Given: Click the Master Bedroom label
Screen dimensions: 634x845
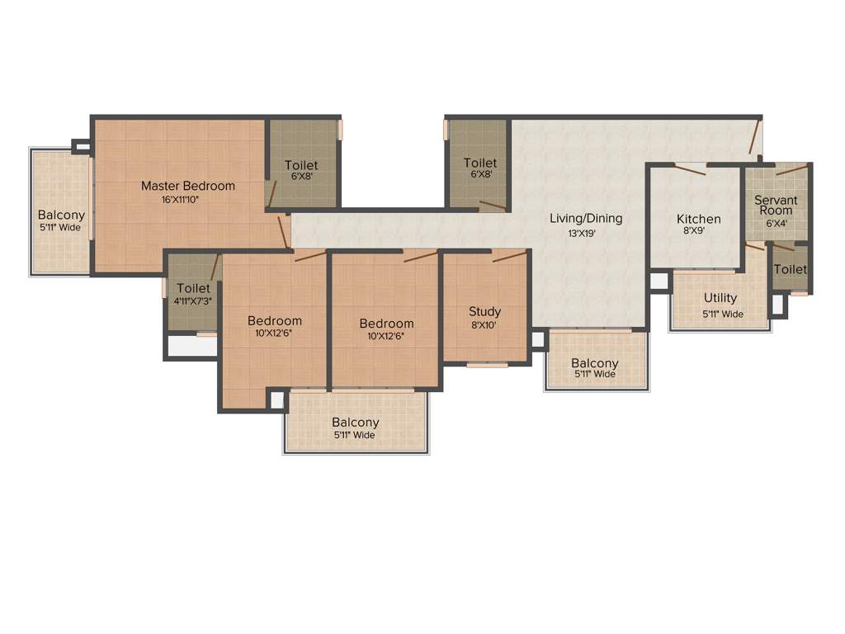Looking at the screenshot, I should (187, 186).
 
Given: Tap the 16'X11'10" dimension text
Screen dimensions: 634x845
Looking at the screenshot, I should (187, 200).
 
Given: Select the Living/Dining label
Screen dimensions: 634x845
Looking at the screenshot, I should (586, 219).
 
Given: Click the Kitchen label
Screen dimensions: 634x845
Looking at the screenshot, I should (699, 219).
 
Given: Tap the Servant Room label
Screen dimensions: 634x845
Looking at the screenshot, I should (776, 205).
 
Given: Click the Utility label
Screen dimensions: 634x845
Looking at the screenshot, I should (720, 298).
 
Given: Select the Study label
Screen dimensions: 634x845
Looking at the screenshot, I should (484, 311).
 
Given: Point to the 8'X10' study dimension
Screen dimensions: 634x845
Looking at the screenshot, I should (484, 325).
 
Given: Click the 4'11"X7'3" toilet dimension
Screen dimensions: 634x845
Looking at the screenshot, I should (193, 301).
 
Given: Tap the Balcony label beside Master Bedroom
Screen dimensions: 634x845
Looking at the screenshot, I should (61, 215).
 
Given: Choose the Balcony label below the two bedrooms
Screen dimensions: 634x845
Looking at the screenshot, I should (356, 422).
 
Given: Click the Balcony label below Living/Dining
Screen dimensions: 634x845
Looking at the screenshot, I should (594, 363).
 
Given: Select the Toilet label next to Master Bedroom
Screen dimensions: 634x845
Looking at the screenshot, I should (301, 165).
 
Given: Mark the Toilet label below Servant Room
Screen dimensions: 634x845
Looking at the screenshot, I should (791, 269).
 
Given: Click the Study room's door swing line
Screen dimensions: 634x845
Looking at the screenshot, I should (509, 257).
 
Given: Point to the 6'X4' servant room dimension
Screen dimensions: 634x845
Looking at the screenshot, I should (776, 223).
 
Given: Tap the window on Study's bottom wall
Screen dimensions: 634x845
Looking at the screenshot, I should (487, 364).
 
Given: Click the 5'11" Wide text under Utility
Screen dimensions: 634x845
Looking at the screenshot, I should (723, 314).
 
